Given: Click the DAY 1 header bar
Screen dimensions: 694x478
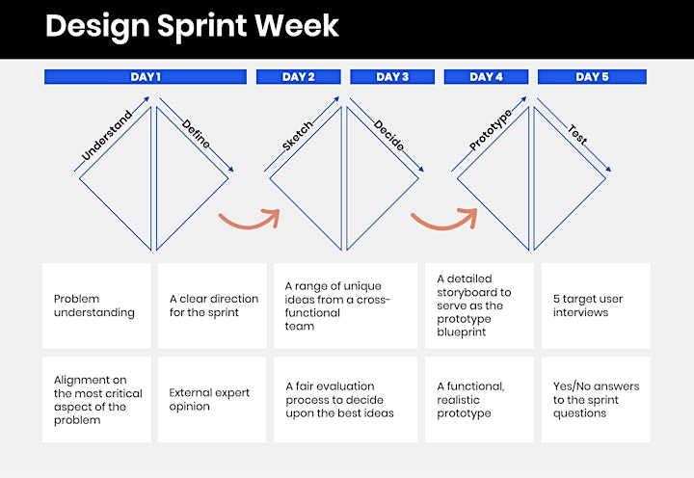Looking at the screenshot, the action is [146, 76].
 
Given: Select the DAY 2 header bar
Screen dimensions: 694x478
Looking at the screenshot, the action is [298, 76].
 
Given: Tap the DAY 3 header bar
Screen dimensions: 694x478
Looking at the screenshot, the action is [392, 76].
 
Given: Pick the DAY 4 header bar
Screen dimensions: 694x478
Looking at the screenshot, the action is [486, 76].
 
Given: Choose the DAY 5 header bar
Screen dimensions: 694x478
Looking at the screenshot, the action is [592, 76].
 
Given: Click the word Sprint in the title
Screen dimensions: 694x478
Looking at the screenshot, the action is [201, 27].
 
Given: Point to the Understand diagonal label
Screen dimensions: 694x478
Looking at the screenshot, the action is [107, 135].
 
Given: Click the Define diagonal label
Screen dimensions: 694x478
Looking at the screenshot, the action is [196, 133].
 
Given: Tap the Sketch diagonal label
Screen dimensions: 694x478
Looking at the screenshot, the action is [298, 135].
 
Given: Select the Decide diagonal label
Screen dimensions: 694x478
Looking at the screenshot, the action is [388, 135].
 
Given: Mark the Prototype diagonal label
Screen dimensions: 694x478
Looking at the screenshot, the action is [491, 129].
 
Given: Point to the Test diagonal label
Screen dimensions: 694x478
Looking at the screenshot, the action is [577, 135].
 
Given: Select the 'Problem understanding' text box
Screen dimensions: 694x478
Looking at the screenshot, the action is [96, 305].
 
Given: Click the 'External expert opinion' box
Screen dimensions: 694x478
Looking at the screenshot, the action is [212, 400].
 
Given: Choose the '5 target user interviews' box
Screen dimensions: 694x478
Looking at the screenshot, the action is [596, 305].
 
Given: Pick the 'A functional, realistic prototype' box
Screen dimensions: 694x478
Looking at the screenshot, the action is [479, 400].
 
